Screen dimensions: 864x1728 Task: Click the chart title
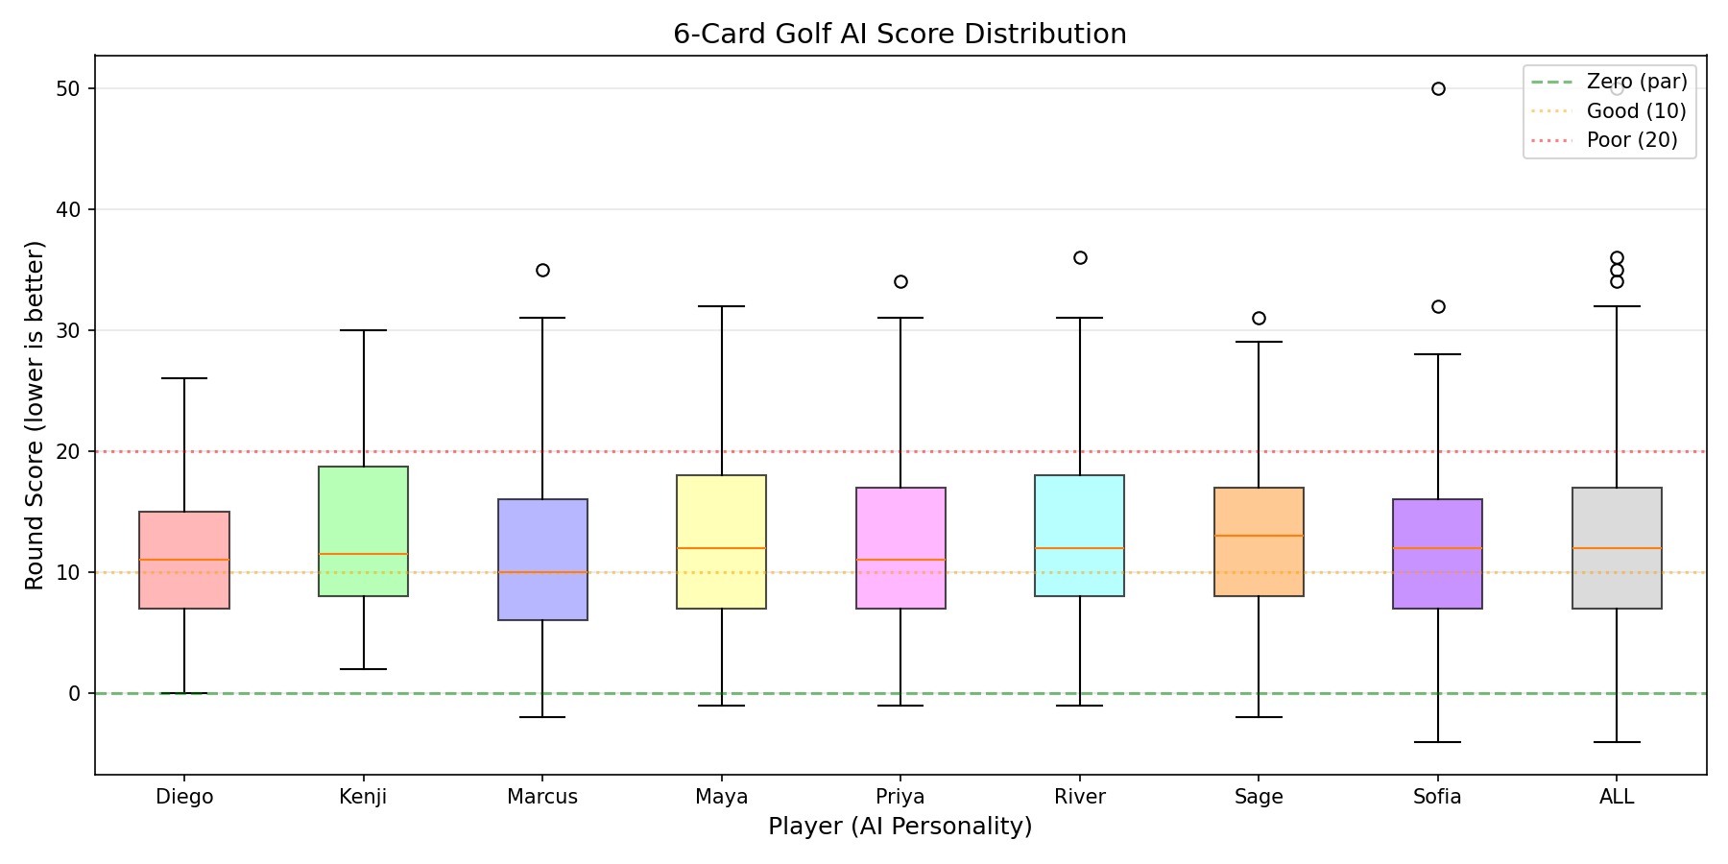[900, 35]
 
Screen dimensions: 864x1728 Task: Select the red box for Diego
[184, 560]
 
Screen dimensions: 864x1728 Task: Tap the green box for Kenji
[363, 531]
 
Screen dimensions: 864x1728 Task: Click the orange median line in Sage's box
[1259, 536]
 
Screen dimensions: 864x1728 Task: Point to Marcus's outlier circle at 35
[542, 270]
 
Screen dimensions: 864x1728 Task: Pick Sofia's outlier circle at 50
[1438, 89]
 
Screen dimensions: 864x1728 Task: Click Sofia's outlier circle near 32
[1438, 306]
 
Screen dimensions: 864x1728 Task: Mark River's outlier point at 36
[1080, 257]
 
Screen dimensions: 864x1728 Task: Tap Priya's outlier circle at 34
[900, 282]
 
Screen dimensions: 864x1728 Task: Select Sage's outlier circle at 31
[1259, 318]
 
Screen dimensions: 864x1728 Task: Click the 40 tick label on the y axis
[71, 209]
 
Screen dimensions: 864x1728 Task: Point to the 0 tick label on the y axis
[78, 693]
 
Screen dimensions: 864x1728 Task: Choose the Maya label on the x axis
[722, 797]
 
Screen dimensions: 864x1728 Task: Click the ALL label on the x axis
[1617, 797]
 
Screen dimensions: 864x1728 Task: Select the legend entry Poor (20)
[1632, 140]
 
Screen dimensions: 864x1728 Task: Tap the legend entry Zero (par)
[1637, 82]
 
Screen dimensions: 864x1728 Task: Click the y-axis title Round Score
[35, 415]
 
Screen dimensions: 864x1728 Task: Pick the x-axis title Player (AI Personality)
[900, 827]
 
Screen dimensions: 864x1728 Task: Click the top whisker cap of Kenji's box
[363, 330]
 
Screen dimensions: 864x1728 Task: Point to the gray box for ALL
[1617, 547]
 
